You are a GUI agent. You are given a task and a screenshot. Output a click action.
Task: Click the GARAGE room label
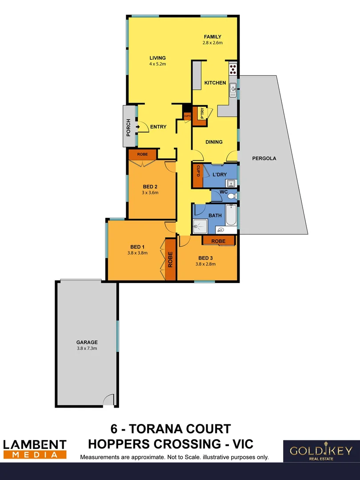(x=87, y=342)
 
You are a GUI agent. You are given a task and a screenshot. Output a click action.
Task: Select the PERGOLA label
(x=264, y=158)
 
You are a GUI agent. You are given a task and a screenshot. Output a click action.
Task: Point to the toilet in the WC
(x=234, y=195)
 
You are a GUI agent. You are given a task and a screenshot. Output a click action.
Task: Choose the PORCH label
(x=128, y=127)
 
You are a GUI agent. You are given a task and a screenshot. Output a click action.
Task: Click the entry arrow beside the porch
(x=138, y=127)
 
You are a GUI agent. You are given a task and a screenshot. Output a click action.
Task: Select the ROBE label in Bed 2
(x=142, y=154)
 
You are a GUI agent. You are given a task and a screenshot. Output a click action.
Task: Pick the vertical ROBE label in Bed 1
(x=171, y=260)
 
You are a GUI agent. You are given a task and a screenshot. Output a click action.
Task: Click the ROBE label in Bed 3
(x=218, y=241)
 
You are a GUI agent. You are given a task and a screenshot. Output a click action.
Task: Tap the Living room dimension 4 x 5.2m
(x=157, y=64)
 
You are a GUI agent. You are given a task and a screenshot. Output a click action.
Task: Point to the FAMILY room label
(x=212, y=37)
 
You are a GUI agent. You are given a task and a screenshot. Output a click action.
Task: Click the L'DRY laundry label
(x=220, y=175)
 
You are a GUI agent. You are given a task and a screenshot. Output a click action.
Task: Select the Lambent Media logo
(x=35, y=449)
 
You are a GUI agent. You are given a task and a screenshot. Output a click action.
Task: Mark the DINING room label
(x=214, y=142)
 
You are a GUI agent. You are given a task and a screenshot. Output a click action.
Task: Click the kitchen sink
(x=232, y=91)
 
